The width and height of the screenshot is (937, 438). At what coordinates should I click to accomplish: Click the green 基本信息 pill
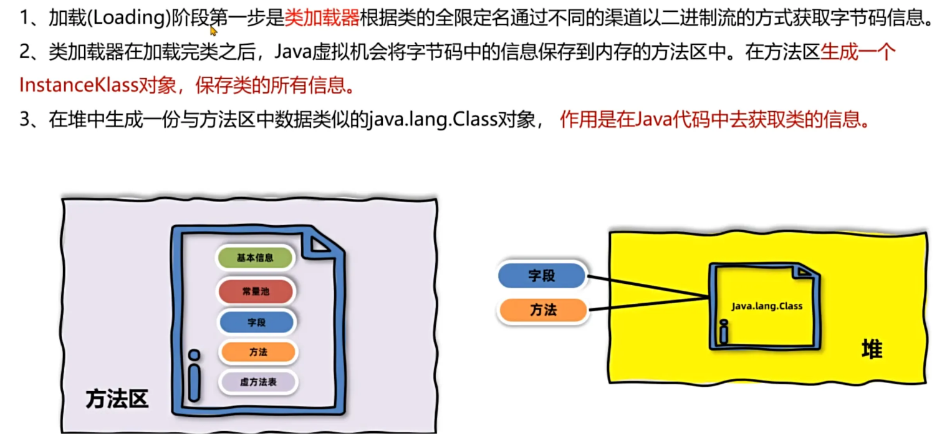coord(255,258)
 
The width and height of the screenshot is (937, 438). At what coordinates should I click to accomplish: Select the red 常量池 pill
coord(255,291)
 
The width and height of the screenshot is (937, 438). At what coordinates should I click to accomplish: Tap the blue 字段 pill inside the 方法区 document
coord(256,323)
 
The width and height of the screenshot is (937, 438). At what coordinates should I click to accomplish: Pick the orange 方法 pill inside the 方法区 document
coord(257,352)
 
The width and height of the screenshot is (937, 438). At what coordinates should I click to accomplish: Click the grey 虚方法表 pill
coord(257,382)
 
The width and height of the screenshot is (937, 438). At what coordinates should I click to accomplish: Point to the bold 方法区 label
coord(118,399)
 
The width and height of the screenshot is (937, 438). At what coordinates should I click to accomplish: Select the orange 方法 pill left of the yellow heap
coord(543,310)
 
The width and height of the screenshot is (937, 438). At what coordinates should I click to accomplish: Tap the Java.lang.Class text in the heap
coord(767,306)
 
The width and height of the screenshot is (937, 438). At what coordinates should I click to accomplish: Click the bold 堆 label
coord(872,349)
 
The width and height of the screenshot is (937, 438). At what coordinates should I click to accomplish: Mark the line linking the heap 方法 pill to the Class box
coord(648,305)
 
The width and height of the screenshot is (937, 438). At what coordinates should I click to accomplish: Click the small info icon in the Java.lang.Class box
coord(724,333)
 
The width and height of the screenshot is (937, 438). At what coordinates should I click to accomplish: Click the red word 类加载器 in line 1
coord(322,17)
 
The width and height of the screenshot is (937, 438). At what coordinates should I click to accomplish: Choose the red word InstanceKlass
coord(77,85)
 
